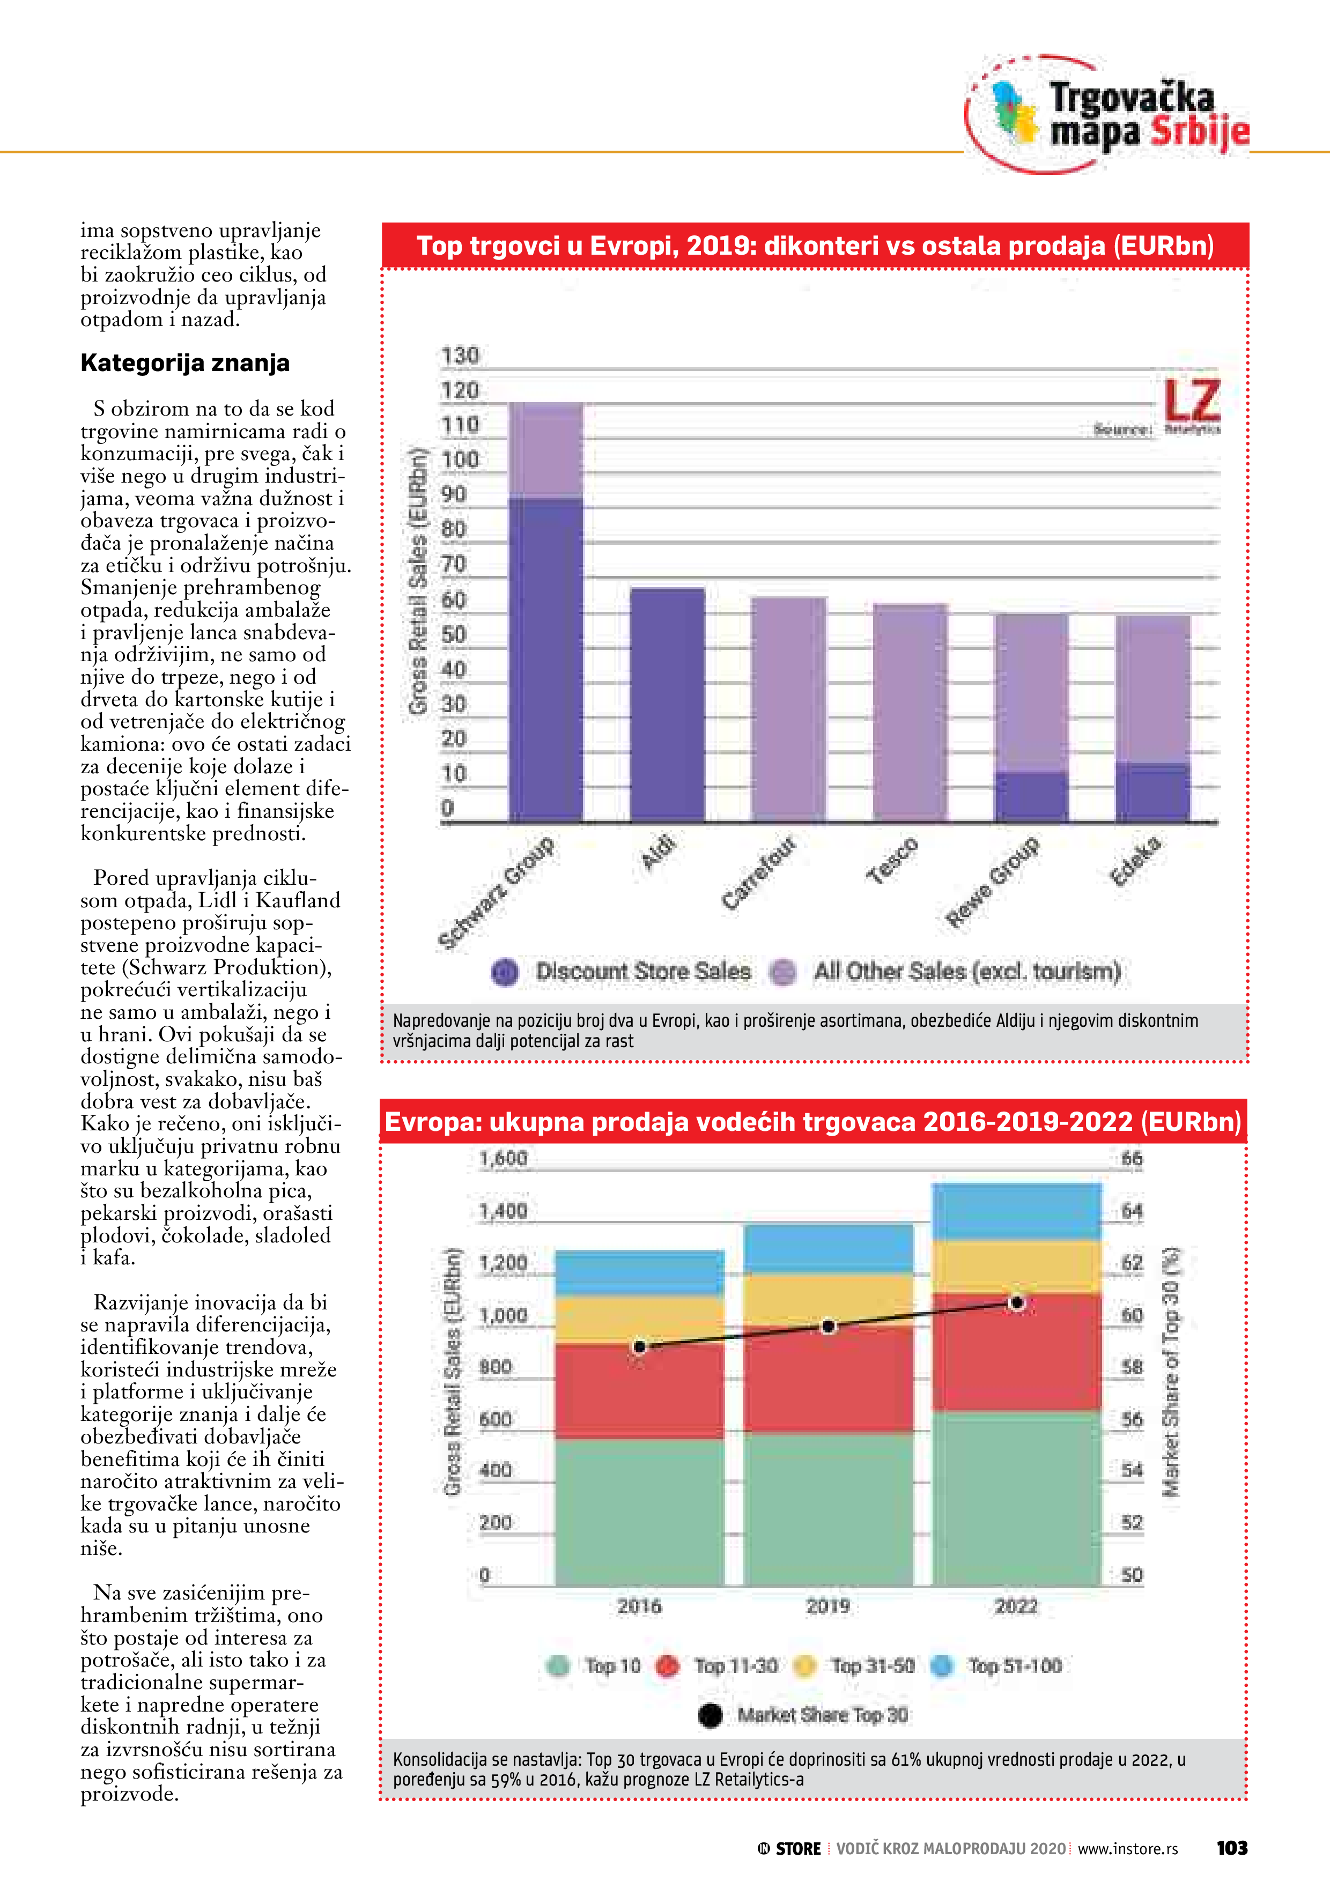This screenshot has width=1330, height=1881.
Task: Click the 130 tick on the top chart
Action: click(x=459, y=356)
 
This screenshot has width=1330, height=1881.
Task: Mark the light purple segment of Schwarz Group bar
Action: click(x=546, y=450)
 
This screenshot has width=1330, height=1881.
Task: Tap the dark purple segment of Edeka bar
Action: click(x=1152, y=791)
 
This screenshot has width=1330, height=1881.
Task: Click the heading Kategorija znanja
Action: click(x=185, y=363)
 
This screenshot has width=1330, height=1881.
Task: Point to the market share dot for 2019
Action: click(x=829, y=1327)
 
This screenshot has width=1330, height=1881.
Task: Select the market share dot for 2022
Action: click(x=1017, y=1302)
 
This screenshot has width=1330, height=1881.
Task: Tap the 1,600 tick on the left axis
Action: click(x=503, y=1158)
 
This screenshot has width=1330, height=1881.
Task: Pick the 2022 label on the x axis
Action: click(x=1016, y=1606)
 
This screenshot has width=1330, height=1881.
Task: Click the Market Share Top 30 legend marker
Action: click(x=710, y=1715)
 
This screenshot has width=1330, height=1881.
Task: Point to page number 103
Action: click(x=1232, y=1848)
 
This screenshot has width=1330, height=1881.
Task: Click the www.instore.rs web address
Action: click(x=1128, y=1849)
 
